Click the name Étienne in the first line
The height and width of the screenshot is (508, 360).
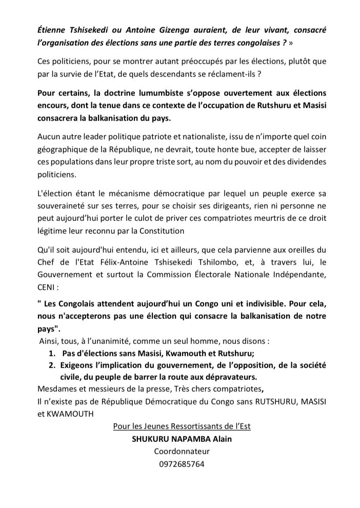click(53, 29)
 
